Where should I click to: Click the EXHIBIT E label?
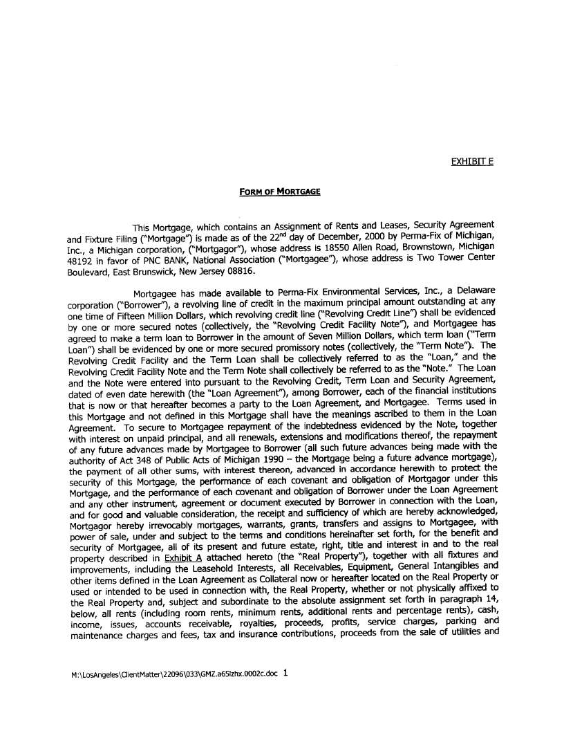click(472, 162)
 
